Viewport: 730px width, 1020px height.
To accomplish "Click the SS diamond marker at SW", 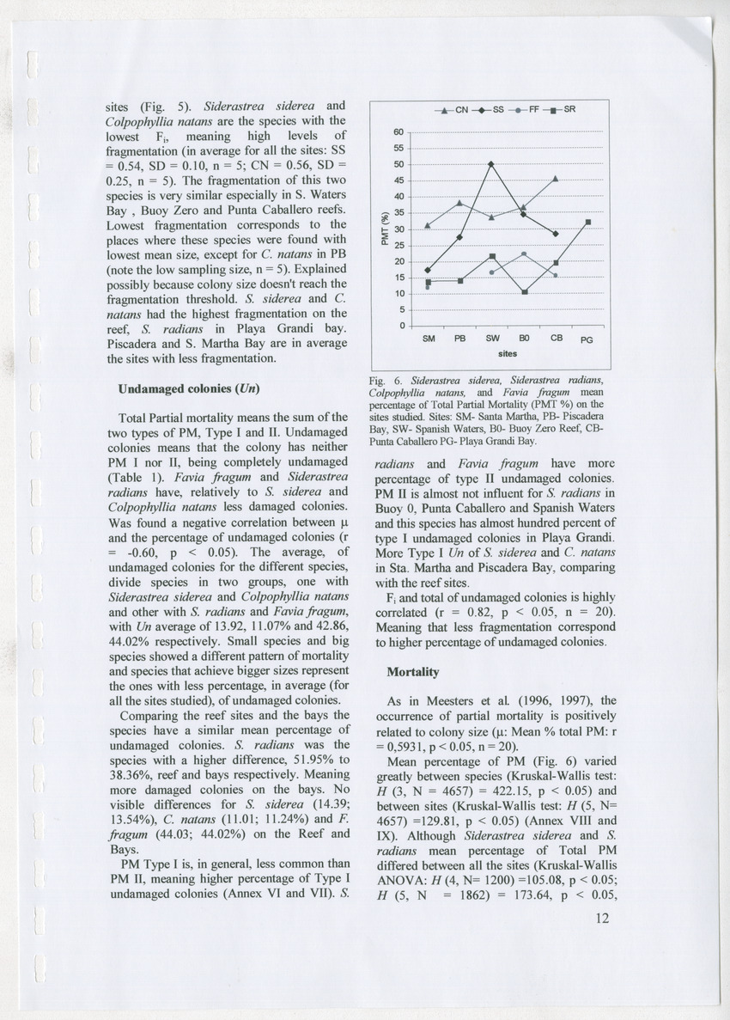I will click(x=491, y=163).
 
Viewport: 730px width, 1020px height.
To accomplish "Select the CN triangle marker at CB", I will click(x=556, y=179).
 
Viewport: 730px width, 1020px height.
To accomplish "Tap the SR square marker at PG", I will click(x=588, y=222).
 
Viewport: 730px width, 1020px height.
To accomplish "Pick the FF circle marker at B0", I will click(x=524, y=253).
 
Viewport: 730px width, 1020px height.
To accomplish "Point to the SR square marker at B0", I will click(x=524, y=292).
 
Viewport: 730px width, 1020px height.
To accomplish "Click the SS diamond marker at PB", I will click(x=459, y=237).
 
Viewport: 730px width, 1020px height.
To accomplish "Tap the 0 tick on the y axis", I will click(x=400, y=326).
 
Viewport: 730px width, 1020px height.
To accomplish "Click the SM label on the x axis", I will click(x=429, y=339).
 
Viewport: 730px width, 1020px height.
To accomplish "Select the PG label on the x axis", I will click(x=587, y=341).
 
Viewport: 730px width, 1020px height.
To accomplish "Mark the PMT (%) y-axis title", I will click(x=386, y=228).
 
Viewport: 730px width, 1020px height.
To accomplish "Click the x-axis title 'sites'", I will click(x=507, y=353).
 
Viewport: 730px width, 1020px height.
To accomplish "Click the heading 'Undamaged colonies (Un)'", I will click(x=183, y=388).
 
